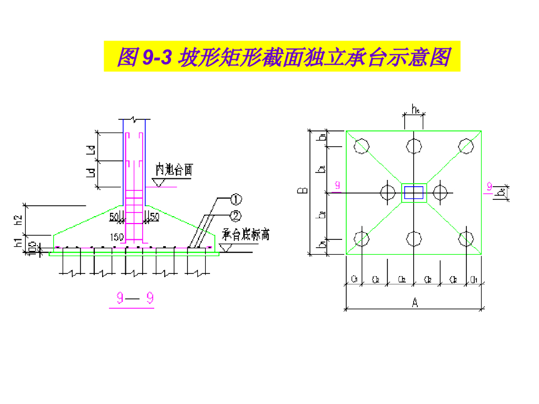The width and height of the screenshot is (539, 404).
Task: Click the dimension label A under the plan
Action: [x=415, y=303]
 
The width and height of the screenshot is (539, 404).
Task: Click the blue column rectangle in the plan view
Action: [x=414, y=193]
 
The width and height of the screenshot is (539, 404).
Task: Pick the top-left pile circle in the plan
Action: [x=361, y=146]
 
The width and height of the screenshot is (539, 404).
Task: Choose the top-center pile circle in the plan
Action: [x=414, y=146]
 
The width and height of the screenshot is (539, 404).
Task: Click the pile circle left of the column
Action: [x=388, y=193]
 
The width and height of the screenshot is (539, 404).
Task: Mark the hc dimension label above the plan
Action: [x=415, y=110]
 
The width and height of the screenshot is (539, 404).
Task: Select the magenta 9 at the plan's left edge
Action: [x=337, y=185]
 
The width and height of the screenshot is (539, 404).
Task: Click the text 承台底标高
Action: [x=245, y=235]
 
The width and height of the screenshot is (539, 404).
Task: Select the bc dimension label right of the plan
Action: [x=502, y=193]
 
